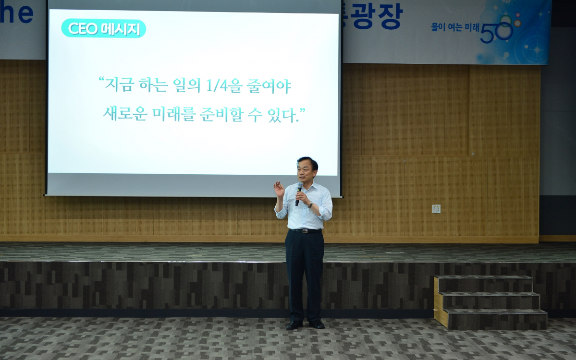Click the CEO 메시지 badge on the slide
[104, 29]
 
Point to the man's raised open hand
[279, 189]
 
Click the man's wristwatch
[311, 205]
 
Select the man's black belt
[306, 231]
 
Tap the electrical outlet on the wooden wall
[436, 208]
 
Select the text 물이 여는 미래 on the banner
[455, 27]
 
